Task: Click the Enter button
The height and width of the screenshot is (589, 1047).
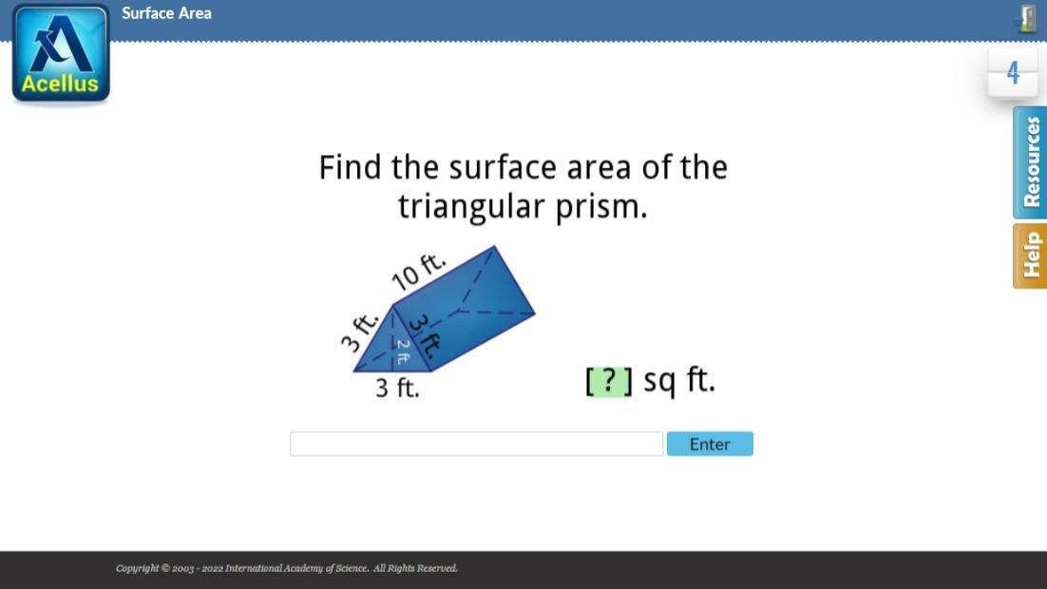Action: click(x=710, y=444)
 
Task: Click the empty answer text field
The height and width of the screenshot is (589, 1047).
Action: click(x=476, y=444)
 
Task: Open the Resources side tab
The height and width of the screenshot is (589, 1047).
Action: click(x=1030, y=162)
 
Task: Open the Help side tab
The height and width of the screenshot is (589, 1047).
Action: click(x=1030, y=256)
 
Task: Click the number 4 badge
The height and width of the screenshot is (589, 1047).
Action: click(x=1013, y=73)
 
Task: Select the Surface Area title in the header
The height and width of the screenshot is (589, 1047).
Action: click(x=166, y=13)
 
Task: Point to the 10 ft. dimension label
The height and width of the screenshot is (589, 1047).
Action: click(x=418, y=272)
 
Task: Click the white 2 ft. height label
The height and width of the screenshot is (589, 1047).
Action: click(x=403, y=351)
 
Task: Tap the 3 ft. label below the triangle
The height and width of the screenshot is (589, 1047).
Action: click(x=397, y=388)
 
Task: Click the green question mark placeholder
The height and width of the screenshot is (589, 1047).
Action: click(x=609, y=381)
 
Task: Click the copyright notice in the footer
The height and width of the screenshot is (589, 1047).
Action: click(x=287, y=568)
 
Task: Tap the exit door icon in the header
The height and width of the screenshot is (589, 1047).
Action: click(x=1027, y=18)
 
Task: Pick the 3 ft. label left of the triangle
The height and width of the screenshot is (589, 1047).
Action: click(x=360, y=330)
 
